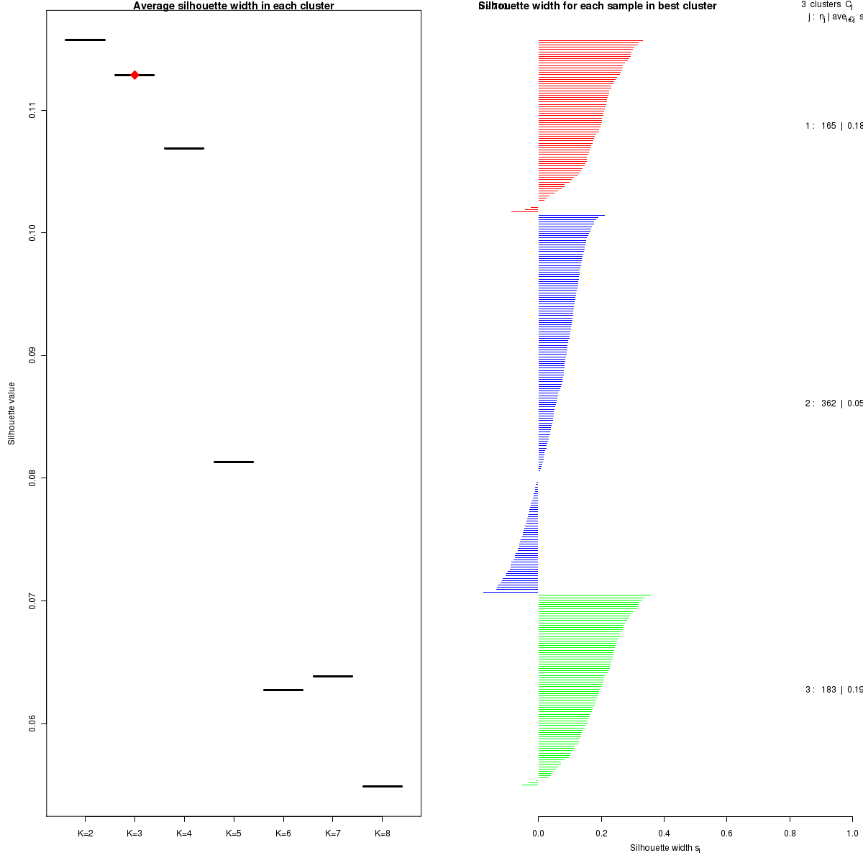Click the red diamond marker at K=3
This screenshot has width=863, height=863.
click(134, 75)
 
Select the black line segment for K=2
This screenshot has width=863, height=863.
click(85, 40)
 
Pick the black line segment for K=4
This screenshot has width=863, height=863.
click(184, 148)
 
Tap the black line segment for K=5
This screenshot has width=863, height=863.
click(234, 462)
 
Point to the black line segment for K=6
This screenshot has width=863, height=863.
click(283, 690)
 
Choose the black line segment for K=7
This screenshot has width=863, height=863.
click(333, 676)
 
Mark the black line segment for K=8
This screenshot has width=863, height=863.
click(382, 786)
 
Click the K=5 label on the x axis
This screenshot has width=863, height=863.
click(234, 834)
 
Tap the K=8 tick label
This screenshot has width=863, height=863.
click(382, 834)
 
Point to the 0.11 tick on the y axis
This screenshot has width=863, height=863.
click(32, 110)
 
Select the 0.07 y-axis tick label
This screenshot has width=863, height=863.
click(32, 601)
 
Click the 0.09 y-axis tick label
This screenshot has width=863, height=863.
click(32, 355)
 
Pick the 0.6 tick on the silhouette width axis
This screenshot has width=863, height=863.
click(726, 834)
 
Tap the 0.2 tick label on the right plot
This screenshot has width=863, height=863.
click(601, 834)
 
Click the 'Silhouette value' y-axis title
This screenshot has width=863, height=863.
click(12, 413)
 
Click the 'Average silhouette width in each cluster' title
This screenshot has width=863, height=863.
click(234, 6)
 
